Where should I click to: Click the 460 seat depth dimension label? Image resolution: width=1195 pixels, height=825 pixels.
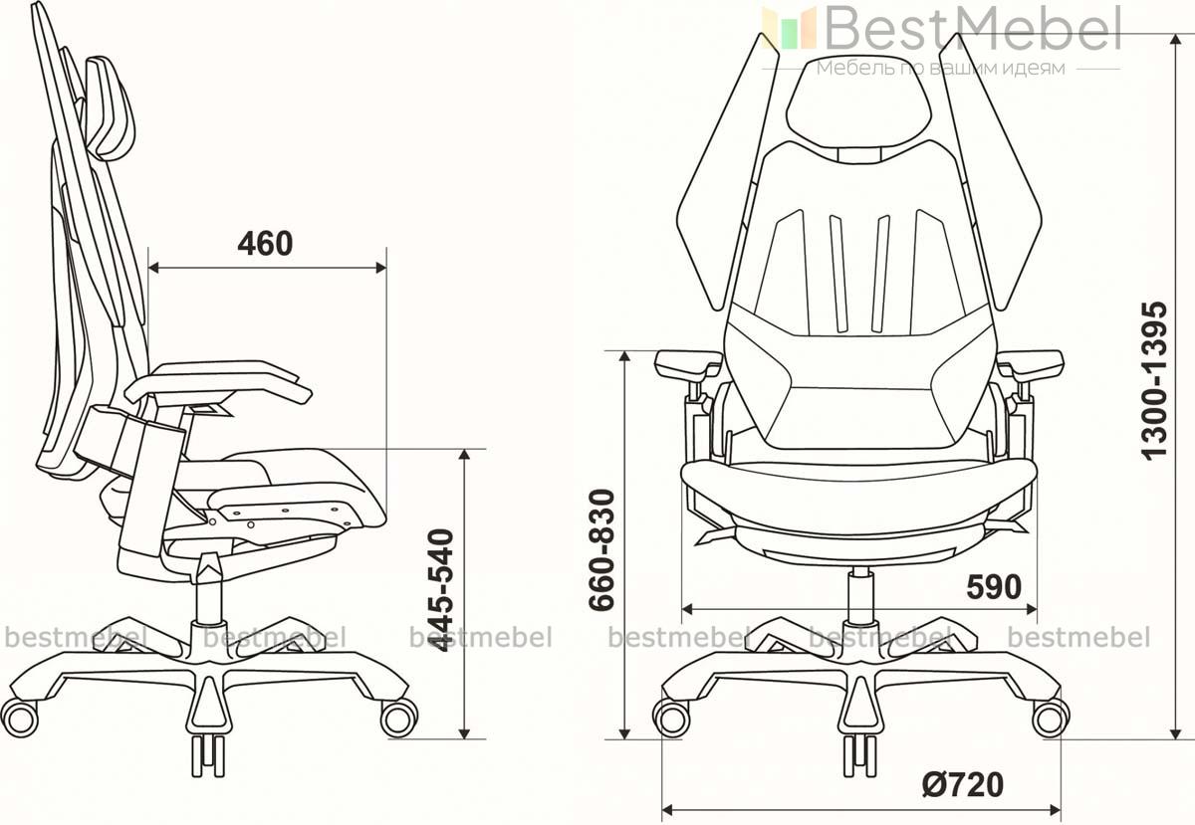click(265, 244)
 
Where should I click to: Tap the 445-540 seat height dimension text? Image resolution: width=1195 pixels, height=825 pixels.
click(442, 590)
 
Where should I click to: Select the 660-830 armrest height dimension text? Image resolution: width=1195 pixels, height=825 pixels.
click(601, 549)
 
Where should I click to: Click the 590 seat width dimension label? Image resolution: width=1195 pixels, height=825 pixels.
click(994, 587)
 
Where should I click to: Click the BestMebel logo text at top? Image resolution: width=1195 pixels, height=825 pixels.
click(973, 29)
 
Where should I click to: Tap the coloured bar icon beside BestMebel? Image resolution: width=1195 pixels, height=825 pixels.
click(789, 28)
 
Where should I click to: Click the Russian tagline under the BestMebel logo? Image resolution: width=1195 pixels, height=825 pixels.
click(941, 69)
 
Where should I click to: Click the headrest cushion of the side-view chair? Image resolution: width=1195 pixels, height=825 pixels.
click(110, 107)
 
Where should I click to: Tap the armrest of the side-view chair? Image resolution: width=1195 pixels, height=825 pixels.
click(218, 382)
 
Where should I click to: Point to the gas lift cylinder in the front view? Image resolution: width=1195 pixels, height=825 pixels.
click(860, 594)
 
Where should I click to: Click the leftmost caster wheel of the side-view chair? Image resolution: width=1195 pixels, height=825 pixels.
click(20, 718)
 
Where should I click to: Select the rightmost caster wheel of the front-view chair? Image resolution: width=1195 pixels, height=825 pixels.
click(1051, 718)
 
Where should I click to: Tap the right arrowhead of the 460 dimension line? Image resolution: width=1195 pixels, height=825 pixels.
click(380, 267)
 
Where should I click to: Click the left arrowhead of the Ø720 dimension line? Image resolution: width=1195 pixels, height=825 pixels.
click(668, 811)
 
